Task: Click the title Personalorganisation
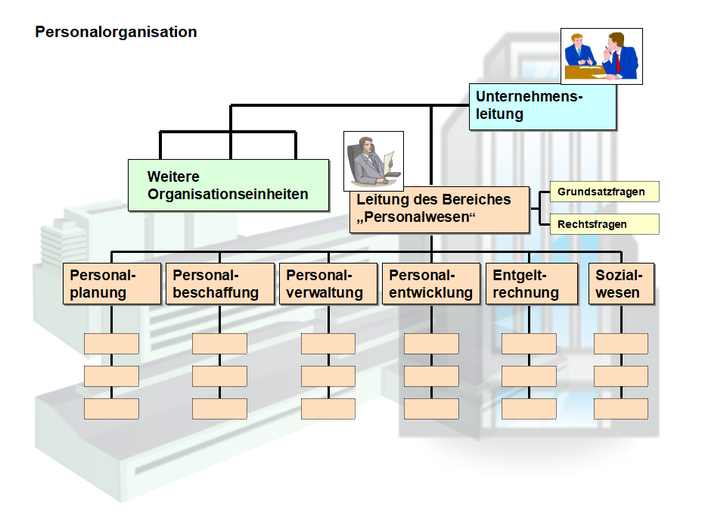coord(116,33)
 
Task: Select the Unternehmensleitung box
coord(542,106)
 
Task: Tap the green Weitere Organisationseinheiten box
coord(228,186)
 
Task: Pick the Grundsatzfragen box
coord(604,192)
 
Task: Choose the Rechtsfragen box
coord(604,224)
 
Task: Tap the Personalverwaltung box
coord(328,284)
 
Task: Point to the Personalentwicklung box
coord(431,284)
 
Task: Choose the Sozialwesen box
coord(621,284)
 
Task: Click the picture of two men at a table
coord(602,55)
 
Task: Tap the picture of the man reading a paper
coord(373,161)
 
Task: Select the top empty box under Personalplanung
coord(111,344)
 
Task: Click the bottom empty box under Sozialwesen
coord(621,409)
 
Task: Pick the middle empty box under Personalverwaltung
coord(328,376)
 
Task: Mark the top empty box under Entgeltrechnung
coord(529,344)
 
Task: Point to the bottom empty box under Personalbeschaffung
coord(219,409)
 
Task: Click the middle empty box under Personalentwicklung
coord(431,376)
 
